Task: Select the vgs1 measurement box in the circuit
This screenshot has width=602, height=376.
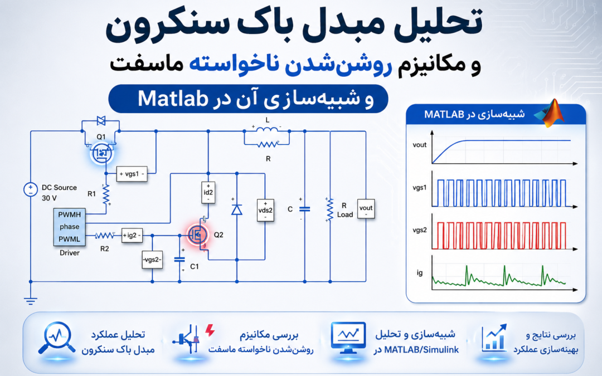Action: pyautogui.click(x=132, y=174)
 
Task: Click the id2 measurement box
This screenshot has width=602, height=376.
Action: pyautogui.click(x=208, y=193)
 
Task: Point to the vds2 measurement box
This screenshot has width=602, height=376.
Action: pyautogui.click(x=265, y=210)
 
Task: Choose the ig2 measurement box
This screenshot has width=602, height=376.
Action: pyautogui.click(x=132, y=235)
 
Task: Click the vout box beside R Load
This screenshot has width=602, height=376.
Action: pyautogui.click(x=366, y=209)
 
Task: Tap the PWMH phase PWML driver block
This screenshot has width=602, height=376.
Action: pyautogui.click(x=70, y=227)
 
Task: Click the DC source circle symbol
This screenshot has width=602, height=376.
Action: pyautogui.click(x=30, y=189)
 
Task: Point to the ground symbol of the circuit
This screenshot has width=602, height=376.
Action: pyautogui.click(x=30, y=300)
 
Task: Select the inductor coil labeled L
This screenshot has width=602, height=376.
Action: pyautogui.click(x=267, y=130)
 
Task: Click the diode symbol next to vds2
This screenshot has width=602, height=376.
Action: pyautogui.click(x=236, y=209)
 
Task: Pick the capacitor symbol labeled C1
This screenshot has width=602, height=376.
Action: pyautogui.click(x=179, y=260)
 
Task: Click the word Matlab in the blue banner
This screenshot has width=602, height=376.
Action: pyautogui.click(x=173, y=99)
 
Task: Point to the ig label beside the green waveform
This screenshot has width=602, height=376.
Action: pyautogui.click(x=420, y=273)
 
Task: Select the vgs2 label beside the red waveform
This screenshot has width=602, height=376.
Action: pyautogui.click(x=420, y=230)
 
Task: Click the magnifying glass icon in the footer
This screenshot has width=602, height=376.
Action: pyautogui.click(x=56, y=338)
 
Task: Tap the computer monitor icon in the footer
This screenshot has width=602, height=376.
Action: pyautogui.click(x=348, y=338)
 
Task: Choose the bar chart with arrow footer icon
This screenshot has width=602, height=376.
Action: pyautogui.click(x=494, y=338)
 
